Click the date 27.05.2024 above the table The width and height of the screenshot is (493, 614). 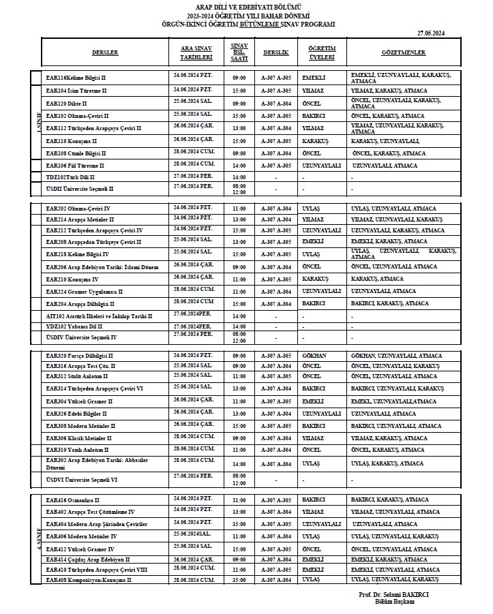pyautogui.click(x=431, y=33)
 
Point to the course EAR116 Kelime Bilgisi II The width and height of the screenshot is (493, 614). pyautogui.click(x=77, y=78)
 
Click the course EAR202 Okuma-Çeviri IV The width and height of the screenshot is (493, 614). pyautogui.click(x=78, y=209)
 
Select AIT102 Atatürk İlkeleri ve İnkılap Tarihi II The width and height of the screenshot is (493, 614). pyautogui.click(x=99, y=316)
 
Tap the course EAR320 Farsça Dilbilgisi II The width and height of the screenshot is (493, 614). pyautogui.click(x=79, y=356)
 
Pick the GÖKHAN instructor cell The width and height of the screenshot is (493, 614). pyautogui.click(x=314, y=356)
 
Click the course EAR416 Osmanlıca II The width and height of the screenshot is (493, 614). pyautogui.click(x=73, y=500)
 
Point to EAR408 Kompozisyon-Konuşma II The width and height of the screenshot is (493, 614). pyautogui.click(x=88, y=579)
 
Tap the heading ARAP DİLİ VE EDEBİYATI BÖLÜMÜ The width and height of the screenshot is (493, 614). pyautogui.click(x=246, y=5)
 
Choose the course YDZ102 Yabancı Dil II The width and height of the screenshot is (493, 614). pyautogui.click(x=74, y=326)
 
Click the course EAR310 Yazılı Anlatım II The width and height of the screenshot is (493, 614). pyautogui.click(x=78, y=450)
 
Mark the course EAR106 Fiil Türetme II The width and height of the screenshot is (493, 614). pyautogui.click(x=75, y=165)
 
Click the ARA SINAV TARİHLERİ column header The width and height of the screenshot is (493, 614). pyautogui.click(x=193, y=52)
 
